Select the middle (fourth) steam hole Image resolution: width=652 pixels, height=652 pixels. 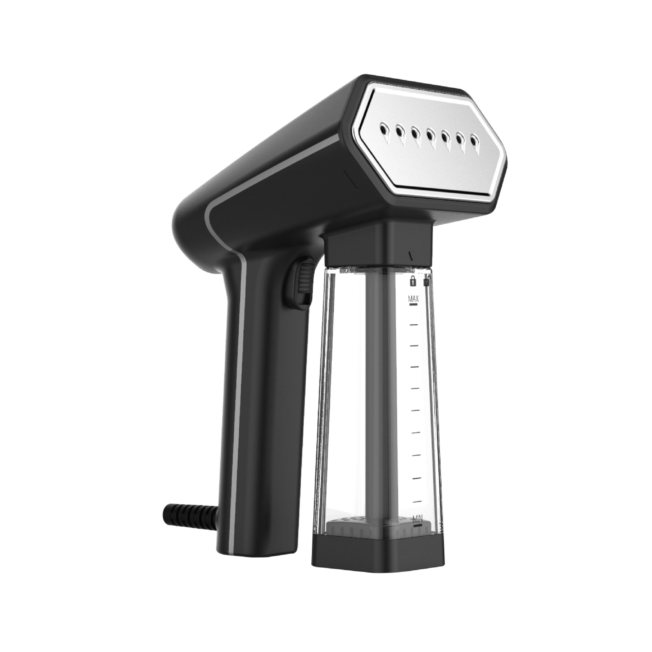[x=430, y=135]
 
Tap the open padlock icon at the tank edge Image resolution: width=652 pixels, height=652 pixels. [x=426, y=280]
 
